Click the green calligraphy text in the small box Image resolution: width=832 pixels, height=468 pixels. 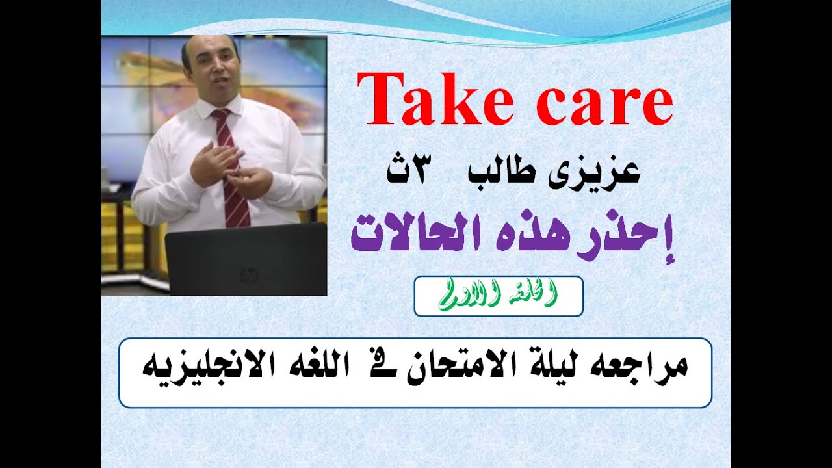[498, 296]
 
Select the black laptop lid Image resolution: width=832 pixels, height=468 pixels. [246, 260]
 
